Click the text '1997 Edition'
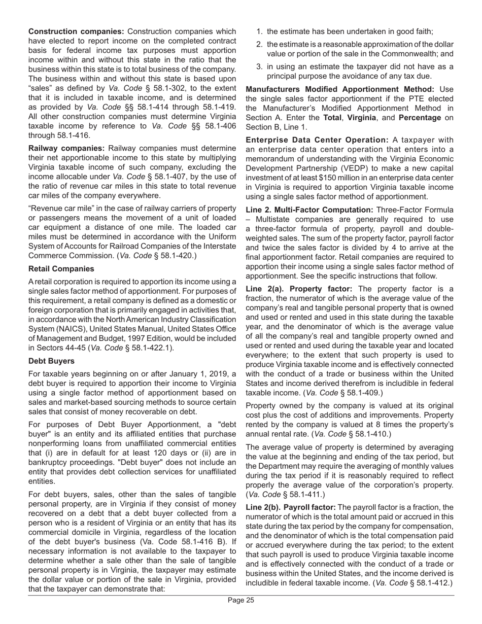(x=144, y=338)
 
